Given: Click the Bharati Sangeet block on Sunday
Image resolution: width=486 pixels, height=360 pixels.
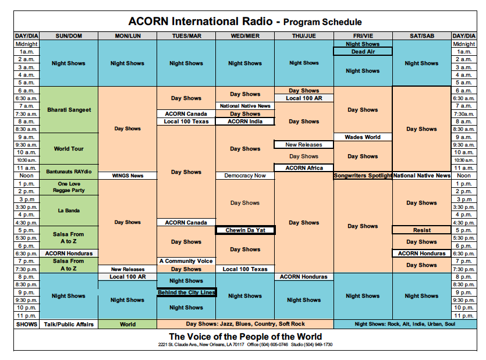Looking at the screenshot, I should pos(69,110).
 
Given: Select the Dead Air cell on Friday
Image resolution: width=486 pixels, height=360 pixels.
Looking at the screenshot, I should pos(363,52).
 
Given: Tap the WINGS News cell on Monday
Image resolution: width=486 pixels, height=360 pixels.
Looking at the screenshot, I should pos(127,176).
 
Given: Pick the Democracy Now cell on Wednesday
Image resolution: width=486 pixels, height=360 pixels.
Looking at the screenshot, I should pos(244,176).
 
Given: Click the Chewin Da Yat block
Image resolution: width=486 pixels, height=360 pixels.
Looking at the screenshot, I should pos(244,230).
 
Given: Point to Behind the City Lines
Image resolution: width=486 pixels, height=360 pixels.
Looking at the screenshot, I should pos(186,292).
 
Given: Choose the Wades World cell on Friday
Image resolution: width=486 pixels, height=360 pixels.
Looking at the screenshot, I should pos(363,137).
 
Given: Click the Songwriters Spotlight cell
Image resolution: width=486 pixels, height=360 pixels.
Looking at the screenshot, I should pos(363,176).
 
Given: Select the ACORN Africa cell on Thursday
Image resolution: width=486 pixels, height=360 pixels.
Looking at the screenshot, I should pos(304,168).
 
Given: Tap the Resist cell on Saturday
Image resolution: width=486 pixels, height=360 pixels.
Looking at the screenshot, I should pos(421,230).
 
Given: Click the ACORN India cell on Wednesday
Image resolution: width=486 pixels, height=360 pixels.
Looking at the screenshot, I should pos(244,122).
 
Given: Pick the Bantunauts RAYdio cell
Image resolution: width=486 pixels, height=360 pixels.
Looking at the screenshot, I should pos(69,172).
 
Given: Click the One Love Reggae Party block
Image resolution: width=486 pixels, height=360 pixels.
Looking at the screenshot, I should pos(69,187).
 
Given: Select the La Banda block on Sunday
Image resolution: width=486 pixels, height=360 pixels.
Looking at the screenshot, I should pos(69,211).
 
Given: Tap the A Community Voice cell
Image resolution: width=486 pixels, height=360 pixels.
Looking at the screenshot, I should pos(186,261).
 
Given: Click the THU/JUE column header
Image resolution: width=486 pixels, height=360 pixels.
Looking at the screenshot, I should pos(304,36).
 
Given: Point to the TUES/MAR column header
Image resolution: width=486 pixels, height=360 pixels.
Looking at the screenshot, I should pos(186,36).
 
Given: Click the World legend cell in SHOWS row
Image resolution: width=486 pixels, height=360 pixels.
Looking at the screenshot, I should pos(127,324).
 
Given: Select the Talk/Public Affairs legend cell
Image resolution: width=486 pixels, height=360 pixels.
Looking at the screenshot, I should pos(69,324).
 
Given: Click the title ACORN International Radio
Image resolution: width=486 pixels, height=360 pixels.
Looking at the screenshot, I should pos(200,22).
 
